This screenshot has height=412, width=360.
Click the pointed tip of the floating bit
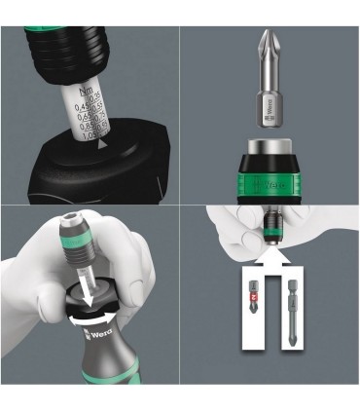point(270,35)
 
